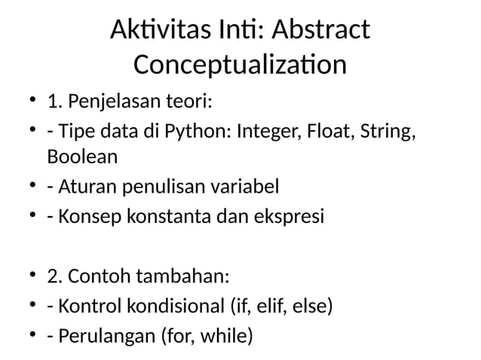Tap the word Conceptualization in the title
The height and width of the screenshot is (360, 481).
pyautogui.click(x=240, y=65)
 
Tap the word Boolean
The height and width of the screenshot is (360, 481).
pyautogui.click(x=82, y=157)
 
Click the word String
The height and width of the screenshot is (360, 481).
pyautogui.click(x=387, y=132)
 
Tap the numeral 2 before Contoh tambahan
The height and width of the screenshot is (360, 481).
pyautogui.click(x=52, y=276)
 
